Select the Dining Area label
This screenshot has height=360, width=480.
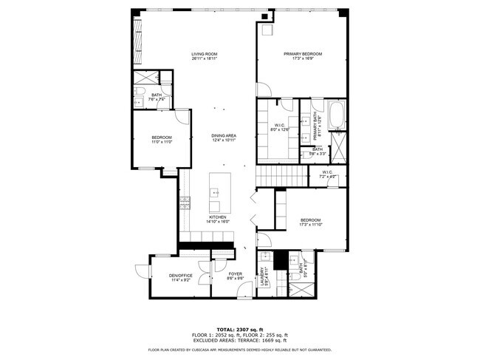[223, 135]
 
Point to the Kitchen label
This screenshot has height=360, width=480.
[216, 217]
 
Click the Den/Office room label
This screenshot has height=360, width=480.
[181, 276]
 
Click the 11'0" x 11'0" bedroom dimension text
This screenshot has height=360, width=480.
[162, 142]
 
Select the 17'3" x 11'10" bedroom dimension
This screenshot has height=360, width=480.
[310, 225]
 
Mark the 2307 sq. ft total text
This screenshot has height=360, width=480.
[239, 329]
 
